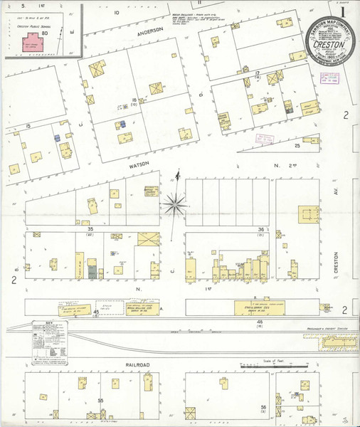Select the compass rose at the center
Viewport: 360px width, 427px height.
click(175, 206)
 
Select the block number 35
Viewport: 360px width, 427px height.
click(90, 229)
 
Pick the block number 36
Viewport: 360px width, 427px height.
click(261, 229)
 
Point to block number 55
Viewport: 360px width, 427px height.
click(101, 401)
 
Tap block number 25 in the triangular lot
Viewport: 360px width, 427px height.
click(297, 146)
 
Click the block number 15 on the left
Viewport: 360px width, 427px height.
click(28, 126)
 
